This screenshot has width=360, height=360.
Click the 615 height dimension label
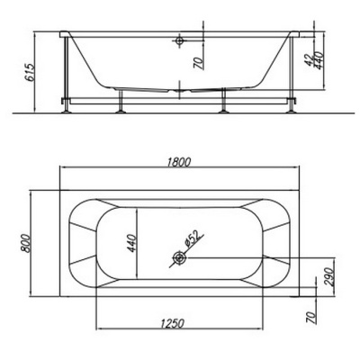pyautogui.click(x=29, y=72)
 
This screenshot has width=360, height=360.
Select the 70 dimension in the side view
pyautogui.click(x=198, y=63)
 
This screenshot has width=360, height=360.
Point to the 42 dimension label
pyautogui.click(x=309, y=59)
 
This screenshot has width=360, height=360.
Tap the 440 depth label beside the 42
pyautogui.click(x=319, y=60)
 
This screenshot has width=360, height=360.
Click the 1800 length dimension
pyautogui.click(x=178, y=162)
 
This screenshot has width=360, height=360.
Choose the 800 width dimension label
pyautogui.click(x=26, y=243)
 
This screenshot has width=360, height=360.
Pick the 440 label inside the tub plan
pyautogui.click(x=132, y=243)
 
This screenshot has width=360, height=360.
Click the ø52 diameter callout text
pyautogui.click(x=192, y=238)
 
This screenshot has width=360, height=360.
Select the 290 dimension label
pyautogui.click(x=329, y=276)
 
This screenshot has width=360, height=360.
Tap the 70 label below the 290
pyautogui.click(x=312, y=318)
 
